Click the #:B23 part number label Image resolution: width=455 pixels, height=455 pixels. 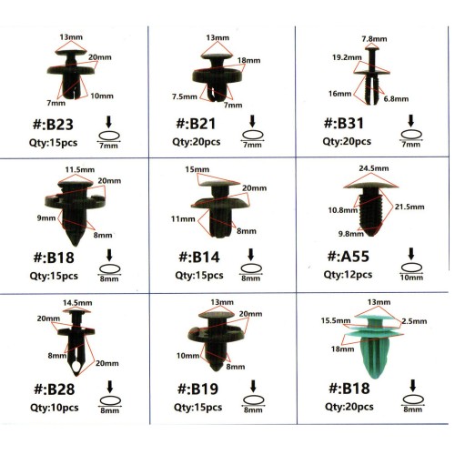point(53,125)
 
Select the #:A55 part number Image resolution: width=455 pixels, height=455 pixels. point(349,257)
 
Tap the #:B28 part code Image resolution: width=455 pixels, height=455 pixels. point(54,389)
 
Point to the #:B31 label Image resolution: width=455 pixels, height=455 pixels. point(343,123)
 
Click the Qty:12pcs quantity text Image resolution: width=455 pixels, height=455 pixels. point(348,275)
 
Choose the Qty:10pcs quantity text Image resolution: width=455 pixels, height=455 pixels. point(55,408)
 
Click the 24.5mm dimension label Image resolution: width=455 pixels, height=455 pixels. point(374,168)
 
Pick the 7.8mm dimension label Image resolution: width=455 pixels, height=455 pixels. point(374,39)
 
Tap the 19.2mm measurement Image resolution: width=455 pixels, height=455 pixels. point(347,57)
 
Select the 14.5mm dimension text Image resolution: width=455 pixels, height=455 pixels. point(77,303)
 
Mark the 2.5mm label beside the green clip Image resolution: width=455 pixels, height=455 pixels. point(414,321)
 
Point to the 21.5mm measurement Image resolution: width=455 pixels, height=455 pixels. point(409,207)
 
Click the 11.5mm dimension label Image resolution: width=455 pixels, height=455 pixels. point(80,169)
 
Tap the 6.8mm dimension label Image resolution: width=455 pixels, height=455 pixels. point(396,98)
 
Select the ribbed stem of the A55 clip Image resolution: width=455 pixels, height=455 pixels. point(370,211)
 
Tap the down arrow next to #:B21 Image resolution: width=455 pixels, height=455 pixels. point(252,121)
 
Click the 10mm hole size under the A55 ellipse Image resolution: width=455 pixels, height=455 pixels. point(411,278)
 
